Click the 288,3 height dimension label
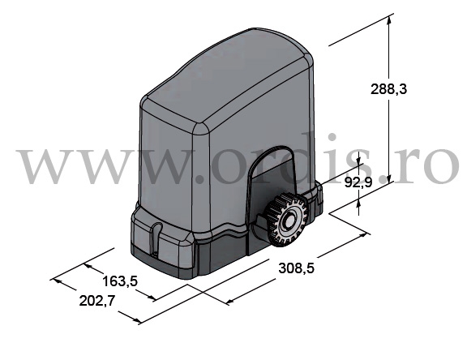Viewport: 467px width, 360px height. click(388, 89)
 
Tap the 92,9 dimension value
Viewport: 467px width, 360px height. click(358, 182)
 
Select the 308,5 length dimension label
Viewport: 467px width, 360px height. click(297, 268)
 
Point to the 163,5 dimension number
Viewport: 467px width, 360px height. click(120, 281)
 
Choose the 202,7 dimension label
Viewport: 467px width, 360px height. click(97, 301)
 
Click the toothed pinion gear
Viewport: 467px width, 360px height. click(286, 219)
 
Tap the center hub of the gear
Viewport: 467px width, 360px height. click(288, 221)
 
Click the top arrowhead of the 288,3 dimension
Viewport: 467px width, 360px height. click(388, 21)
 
